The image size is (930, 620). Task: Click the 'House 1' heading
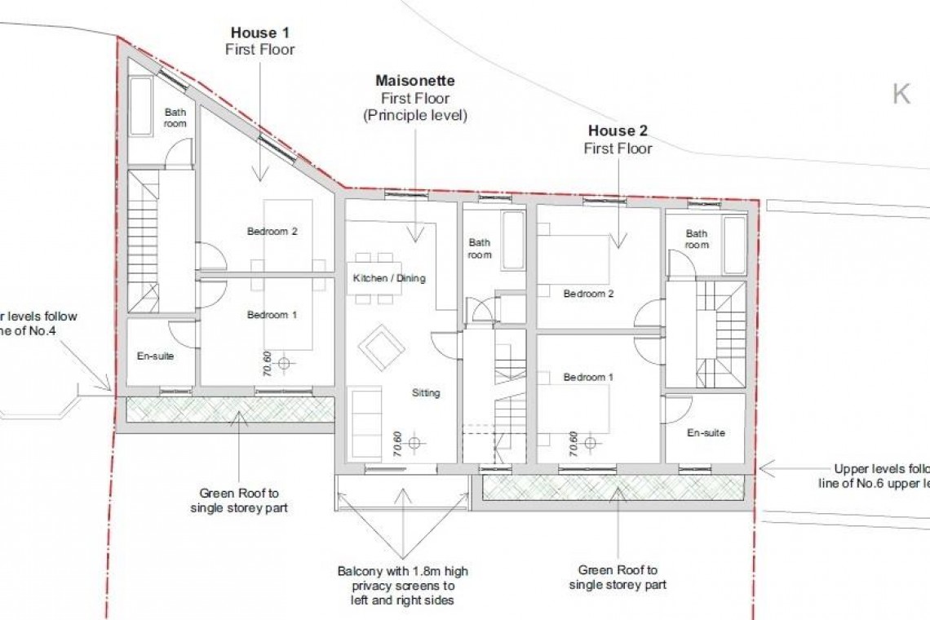260,33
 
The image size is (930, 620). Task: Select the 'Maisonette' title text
414,81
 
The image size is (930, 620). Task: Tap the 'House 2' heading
618,131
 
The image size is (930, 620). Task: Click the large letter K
901,95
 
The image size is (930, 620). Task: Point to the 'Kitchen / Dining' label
389,278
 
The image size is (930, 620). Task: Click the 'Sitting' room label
425,392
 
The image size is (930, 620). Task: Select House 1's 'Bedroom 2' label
272,232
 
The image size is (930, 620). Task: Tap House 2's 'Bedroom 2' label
588,294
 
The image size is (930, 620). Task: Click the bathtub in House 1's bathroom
141,107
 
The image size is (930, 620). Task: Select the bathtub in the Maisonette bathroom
513,240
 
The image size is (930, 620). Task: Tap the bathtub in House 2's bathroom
733,245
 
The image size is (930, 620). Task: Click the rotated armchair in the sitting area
381,348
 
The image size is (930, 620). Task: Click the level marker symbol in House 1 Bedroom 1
284,362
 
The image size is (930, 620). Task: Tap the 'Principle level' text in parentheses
414,115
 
